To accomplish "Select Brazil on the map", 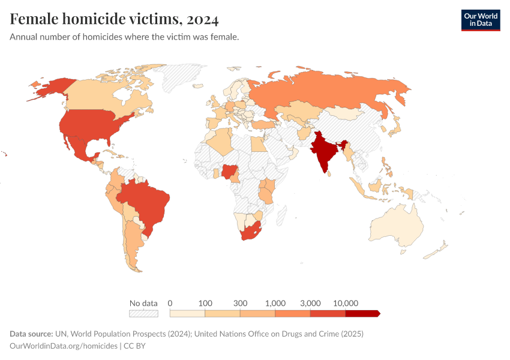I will tap(144, 204).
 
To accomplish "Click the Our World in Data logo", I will tap(480, 20).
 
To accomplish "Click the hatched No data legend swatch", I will tap(143, 313).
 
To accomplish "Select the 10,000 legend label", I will tap(346, 303).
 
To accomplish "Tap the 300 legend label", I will tap(240, 303).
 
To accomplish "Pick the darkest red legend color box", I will tap(362, 313).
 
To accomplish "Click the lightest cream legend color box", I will tap(187, 313).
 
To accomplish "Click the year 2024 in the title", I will tap(202, 19).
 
